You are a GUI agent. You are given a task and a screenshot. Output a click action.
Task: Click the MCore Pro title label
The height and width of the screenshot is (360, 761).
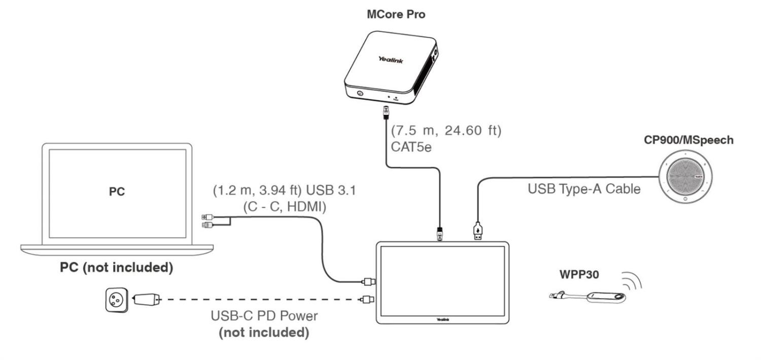coord(396,15)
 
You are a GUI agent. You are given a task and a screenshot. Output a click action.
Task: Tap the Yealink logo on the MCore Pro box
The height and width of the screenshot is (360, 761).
coord(391,60)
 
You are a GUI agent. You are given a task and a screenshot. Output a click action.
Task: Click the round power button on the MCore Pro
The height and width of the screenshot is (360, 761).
coord(360,93)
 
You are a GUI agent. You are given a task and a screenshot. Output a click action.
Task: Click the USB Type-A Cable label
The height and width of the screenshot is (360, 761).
coord(584,189)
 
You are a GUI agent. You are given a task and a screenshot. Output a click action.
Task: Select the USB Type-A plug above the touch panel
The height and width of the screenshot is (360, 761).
coord(477,231)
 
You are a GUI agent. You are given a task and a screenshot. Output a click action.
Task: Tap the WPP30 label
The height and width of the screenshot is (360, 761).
coord(579,275)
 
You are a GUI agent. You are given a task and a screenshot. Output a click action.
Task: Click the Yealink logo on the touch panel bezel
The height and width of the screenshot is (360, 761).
coord(443,319)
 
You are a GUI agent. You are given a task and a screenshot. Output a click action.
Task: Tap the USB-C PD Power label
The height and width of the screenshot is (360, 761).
coord(264,316)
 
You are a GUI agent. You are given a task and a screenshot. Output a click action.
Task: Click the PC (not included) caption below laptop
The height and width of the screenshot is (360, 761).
coord(116,267)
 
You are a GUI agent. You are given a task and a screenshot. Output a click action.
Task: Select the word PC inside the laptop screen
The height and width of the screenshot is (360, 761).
coord(117,192)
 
